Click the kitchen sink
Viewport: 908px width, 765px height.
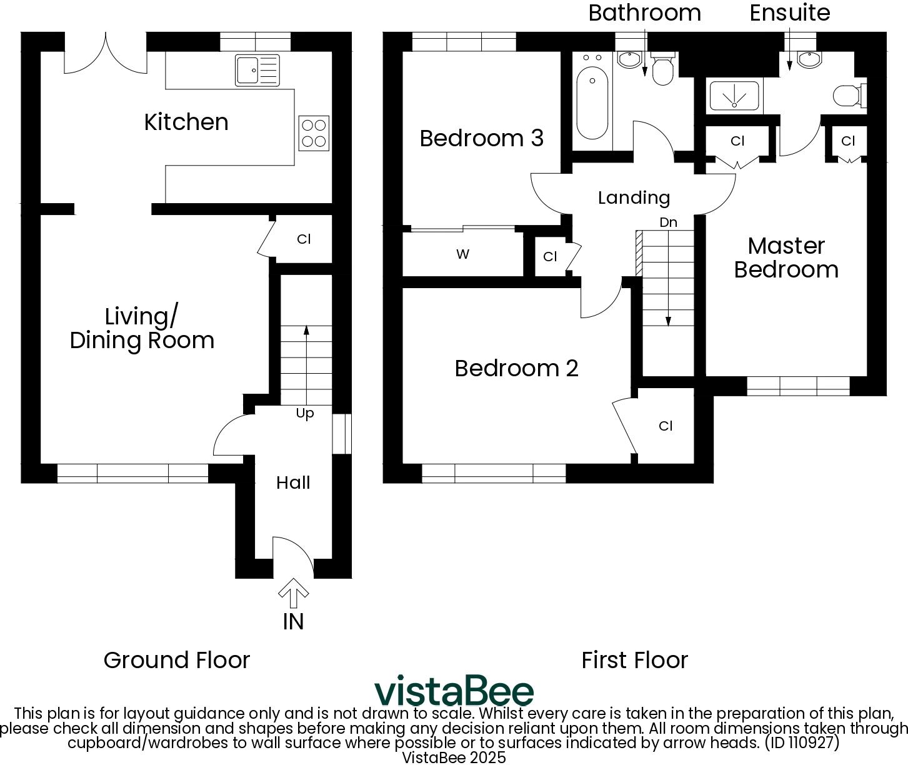(257, 69)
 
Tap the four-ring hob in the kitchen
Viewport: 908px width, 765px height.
(314, 133)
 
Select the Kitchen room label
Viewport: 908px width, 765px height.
(186, 122)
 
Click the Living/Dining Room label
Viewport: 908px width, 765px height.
(142, 328)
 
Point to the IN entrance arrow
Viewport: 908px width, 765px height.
(293, 594)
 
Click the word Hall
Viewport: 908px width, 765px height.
(293, 482)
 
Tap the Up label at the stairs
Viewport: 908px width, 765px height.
(305, 414)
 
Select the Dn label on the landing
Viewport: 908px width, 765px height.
(668, 222)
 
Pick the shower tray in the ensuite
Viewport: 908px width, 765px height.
(734, 96)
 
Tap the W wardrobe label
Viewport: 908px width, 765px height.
(462, 254)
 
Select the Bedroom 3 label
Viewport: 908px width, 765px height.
(481, 138)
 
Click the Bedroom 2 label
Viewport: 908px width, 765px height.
(516, 368)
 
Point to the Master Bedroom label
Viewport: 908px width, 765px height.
(786, 257)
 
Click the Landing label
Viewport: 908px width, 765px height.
(634, 197)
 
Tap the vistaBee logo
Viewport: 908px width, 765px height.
(454, 691)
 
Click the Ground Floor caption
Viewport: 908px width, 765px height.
(177, 660)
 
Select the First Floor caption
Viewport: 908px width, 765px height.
(634, 660)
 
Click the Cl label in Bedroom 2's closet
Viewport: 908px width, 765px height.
(666, 426)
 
